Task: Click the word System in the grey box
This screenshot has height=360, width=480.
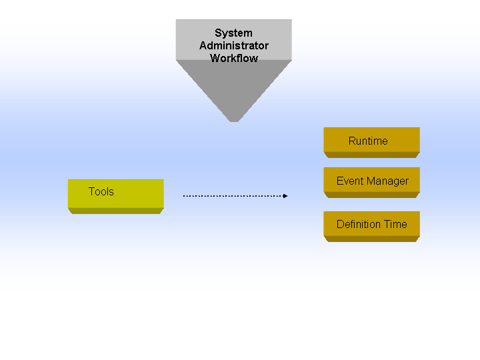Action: pyautogui.click(x=233, y=33)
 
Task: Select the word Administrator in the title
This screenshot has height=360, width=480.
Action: pyautogui.click(x=234, y=45)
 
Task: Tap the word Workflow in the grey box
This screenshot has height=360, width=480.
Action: pyautogui.click(x=234, y=58)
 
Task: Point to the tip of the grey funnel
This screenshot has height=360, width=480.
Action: pyautogui.click(x=234, y=121)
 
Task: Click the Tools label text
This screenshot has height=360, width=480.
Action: pyautogui.click(x=101, y=191)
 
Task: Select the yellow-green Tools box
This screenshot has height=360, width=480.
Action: pyautogui.click(x=116, y=197)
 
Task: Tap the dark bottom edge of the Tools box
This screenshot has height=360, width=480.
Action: pyautogui.click(x=116, y=211)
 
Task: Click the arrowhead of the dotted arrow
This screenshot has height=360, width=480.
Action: pyautogui.click(x=285, y=196)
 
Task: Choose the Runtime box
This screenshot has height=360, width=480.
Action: pyautogui.click(x=371, y=143)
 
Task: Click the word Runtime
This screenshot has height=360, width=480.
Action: pyautogui.click(x=368, y=141)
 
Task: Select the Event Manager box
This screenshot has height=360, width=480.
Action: pyautogui.click(x=371, y=183)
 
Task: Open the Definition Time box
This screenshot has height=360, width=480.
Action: pyautogui.click(x=371, y=227)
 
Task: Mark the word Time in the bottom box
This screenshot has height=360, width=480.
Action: pyautogui.click(x=396, y=225)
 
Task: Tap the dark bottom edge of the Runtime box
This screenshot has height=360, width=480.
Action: pyautogui.click(x=371, y=155)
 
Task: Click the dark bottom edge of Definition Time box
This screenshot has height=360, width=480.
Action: pyautogui.click(x=371, y=239)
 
